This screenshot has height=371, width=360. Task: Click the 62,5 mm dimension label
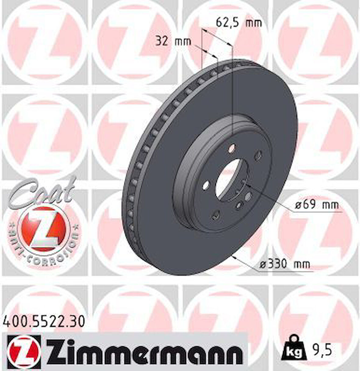(239, 23)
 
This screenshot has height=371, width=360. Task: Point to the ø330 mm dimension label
(284, 264)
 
